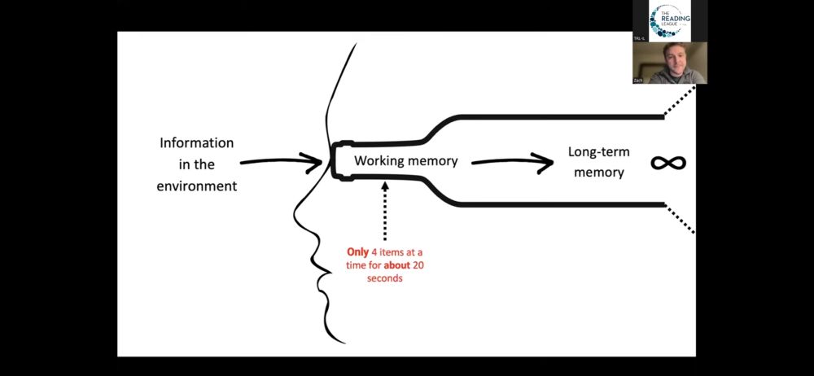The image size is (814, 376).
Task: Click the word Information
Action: (196, 143)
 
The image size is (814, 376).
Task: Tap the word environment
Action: (196, 186)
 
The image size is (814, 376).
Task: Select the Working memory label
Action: (405, 161)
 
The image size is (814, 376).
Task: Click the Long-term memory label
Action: (598, 161)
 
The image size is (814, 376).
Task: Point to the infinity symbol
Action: (668, 162)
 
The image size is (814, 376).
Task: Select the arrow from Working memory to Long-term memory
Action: (512, 161)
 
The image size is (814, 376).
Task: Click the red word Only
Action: (357, 253)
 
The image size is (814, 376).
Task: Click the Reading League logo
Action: (670, 20)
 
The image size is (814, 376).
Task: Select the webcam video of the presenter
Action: (670, 63)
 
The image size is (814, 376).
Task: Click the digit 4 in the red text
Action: (374, 253)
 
